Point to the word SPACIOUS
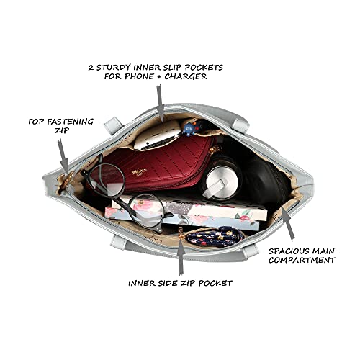coord(289,251)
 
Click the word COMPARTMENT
coord(302,260)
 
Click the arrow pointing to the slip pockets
coord(160,103)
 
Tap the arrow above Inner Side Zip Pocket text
coord(181,257)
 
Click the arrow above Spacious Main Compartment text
coord(287,224)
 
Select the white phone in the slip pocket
coord(157,135)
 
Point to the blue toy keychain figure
coord(192,127)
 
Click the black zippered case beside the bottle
coord(265,182)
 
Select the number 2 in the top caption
coord(91,68)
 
